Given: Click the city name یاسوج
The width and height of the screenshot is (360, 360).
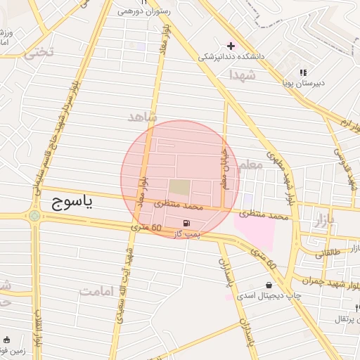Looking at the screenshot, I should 72,203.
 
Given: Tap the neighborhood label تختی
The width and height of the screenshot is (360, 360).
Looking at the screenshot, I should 39,53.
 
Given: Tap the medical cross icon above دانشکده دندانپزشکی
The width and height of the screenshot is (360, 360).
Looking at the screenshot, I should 231,45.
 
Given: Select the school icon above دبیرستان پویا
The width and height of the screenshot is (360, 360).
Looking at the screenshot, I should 303,72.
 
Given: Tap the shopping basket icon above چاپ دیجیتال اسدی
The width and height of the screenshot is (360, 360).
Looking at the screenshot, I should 269,285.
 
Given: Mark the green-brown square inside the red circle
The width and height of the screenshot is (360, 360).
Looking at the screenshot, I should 179,188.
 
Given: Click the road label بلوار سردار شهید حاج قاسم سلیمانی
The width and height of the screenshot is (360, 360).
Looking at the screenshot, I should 52,134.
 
